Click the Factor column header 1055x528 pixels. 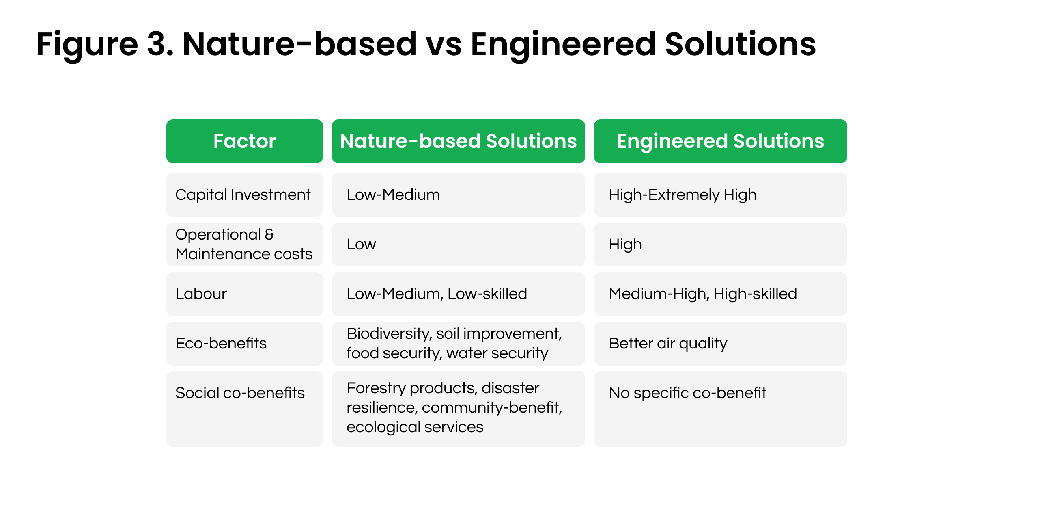[244, 141]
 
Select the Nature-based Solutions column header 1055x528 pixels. [458, 141]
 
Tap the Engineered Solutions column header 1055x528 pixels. [720, 141]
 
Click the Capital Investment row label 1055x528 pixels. [243, 195]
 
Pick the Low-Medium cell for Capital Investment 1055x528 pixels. [393, 195]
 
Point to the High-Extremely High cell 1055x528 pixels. [683, 195]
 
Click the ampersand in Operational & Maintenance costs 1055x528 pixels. [269, 234]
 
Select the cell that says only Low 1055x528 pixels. [361, 245]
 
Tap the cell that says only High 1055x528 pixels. [625, 245]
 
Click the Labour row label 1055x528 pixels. [201, 294]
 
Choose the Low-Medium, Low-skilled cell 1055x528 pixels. [437, 294]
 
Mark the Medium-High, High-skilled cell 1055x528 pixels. [703, 294]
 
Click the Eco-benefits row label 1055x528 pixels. [221, 344]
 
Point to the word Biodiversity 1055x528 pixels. [389, 334]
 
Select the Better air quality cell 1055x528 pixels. [667, 344]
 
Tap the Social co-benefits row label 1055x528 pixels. [239, 393]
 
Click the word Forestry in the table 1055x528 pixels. [376, 388]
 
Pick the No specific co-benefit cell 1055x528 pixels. [687, 393]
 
